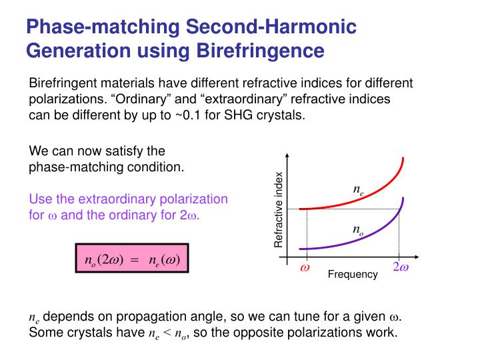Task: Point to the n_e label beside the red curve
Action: point(358,190)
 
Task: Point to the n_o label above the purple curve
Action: point(358,229)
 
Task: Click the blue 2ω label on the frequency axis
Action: point(400,268)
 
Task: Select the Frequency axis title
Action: point(353,275)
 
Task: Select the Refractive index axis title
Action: point(279,210)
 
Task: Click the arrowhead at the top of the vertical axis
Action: point(287,159)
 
